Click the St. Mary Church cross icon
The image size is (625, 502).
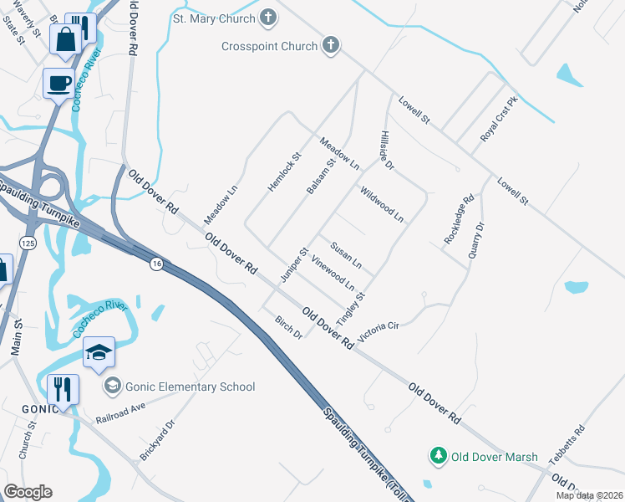tap(267, 16)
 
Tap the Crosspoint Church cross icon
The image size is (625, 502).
tap(330, 46)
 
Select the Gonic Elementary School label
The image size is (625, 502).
tap(187, 387)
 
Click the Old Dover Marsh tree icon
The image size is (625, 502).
tap(436, 456)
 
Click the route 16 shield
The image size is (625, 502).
tap(155, 264)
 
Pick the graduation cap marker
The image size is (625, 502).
tap(99, 352)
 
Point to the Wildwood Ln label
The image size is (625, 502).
tap(382, 205)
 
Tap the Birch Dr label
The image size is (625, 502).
tap(289, 327)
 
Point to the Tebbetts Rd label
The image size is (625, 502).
tap(567, 445)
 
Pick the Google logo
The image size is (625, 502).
tap(28, 492)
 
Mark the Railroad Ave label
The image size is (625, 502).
tap(120, 410)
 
